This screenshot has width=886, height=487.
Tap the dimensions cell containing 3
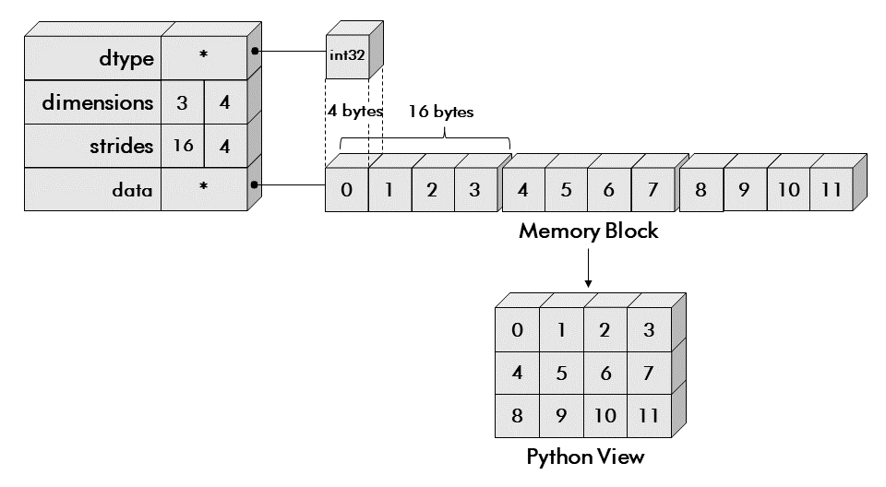pyautogui.click(x=182, y=102)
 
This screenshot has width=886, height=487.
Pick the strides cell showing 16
pyautogui.click(x=182, y=146)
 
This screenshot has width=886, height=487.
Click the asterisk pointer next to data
pyautogui.click(x=204, y=188)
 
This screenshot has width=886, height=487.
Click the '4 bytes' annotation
pyautogui.click(x=355, y=113)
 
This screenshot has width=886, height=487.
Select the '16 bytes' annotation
pyautogui.click(x=442, y=113)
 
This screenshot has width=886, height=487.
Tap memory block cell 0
pyautogui.click(x=346, y=191)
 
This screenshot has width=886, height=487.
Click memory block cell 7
pyautogui.click(x=653, y=191)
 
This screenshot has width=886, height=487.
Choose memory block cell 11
pyautogui.click(x=832, y=191)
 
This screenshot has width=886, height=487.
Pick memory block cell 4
pyautogui.click(x=523, y=191)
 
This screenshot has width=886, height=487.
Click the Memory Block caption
pyautogui.click(x=589, y=232)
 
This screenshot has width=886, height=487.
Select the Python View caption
pyautogui.click(x=585, y=457)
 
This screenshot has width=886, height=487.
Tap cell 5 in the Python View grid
pyautogui.click(x=561, y=374)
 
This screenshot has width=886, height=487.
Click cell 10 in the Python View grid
pyautogui.click(x=605, y=416)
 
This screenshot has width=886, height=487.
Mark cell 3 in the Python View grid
pyautogui.click(x=649, y=330)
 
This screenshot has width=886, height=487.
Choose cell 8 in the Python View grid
pyautogui.click(x=517, y=416)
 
